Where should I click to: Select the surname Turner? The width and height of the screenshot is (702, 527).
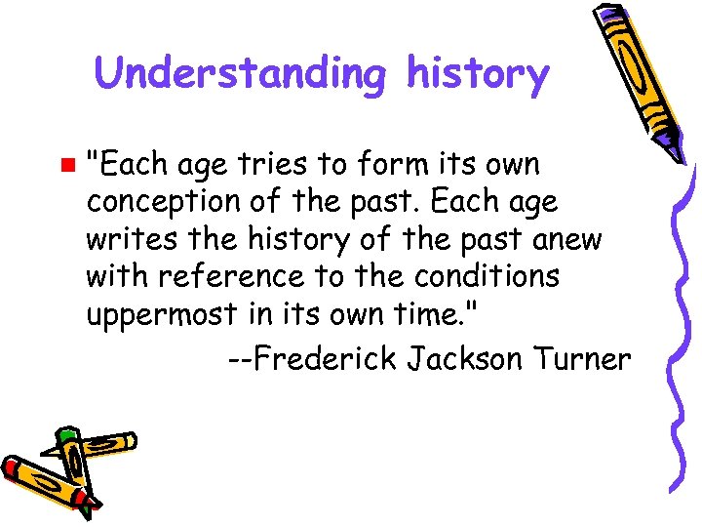coord(583,359)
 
